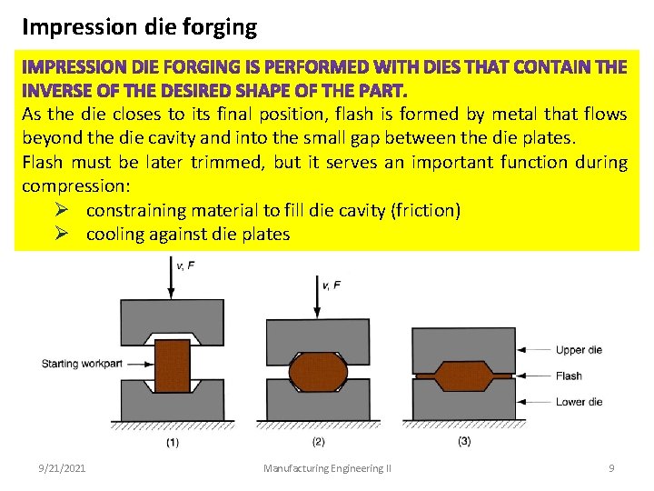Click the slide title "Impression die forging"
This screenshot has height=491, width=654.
point(139,26)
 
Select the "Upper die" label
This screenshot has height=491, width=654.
point(578,350)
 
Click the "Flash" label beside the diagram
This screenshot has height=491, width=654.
point(569,376)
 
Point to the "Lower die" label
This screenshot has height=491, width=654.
point(578,402)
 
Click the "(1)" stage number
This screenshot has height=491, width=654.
point(172,443)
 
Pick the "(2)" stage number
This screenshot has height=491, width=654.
point(318,442)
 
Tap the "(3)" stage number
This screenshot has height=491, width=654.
point(463,441)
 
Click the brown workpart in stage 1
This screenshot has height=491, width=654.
point(172,366)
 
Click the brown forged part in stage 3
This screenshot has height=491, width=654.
point(463,375)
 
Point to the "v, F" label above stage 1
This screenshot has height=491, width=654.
point(185,266)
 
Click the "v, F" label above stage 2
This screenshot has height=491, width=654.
point(332,285)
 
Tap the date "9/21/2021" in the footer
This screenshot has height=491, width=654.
point(62,468)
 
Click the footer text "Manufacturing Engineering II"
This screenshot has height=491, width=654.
point(327,468)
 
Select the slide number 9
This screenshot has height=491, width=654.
point(611,468)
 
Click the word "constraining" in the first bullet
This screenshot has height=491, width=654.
point(133,210)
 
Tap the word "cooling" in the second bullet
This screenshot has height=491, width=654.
point(114,234)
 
